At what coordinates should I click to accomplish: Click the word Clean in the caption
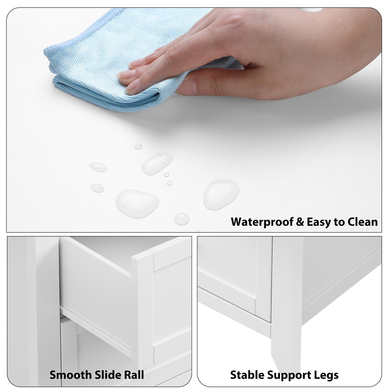click(x=363, y=222)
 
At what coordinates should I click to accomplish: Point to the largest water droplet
click(x=137, y=201)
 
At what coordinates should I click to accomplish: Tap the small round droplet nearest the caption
click(x=182, y=219)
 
